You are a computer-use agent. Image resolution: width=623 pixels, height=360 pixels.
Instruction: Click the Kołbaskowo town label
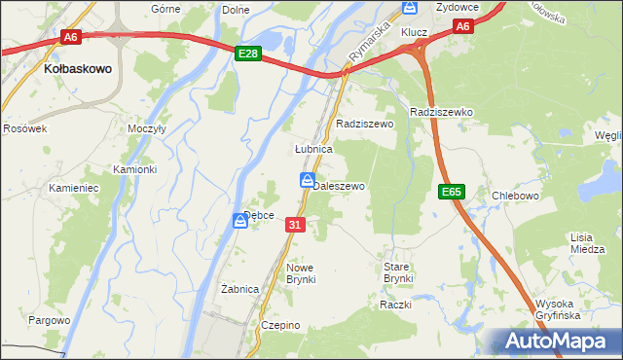click(79, 70)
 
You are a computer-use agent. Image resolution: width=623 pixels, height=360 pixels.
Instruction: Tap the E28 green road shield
click(248, 54)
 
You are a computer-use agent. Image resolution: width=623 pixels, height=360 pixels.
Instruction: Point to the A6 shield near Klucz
click(463, 27)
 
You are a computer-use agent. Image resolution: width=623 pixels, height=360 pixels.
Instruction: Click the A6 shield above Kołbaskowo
click(70, 37)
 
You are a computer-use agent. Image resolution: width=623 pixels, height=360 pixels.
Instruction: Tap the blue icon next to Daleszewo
click(306, 180)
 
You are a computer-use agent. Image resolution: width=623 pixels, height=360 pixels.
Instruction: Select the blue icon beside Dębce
click(240, 221)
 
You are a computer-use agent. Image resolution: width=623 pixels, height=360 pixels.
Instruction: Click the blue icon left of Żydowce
click(410, 8)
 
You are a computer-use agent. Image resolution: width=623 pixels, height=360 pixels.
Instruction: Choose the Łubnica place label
click(314, 150)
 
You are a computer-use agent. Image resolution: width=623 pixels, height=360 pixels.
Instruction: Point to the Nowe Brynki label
click(301, 272)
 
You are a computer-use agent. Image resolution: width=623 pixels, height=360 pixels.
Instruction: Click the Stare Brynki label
click(398, 272)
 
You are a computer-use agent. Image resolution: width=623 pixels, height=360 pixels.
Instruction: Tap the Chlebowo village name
click(516, 196)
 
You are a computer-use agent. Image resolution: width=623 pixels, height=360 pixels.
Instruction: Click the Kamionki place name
click(134, 169)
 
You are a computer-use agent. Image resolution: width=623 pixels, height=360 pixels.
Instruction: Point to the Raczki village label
click(397, 305)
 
